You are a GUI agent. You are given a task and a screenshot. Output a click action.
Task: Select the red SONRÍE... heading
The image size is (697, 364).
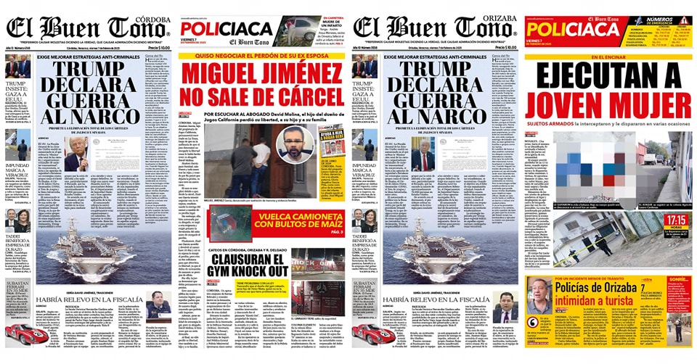pyautogui.click(x=678, y=280)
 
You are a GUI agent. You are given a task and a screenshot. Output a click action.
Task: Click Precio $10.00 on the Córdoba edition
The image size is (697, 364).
pyautogui.click(x=150, y=48)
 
